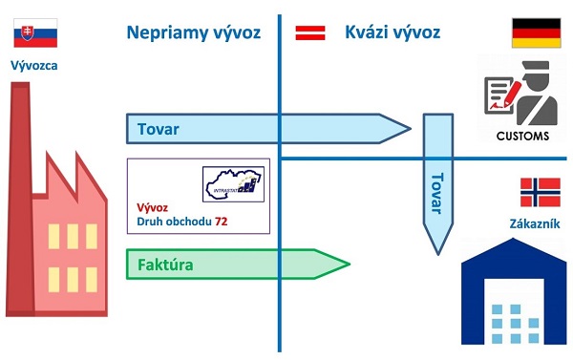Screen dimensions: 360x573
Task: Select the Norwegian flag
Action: [540, 192]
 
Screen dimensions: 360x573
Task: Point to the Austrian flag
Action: [308, 32]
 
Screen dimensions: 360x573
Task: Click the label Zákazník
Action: [534, 224]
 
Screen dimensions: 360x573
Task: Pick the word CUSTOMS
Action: [522, 136]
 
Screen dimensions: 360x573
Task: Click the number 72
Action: [222, 222]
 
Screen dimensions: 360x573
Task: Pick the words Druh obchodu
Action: [174, 222]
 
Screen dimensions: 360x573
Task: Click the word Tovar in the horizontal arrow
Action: [158, 128]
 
